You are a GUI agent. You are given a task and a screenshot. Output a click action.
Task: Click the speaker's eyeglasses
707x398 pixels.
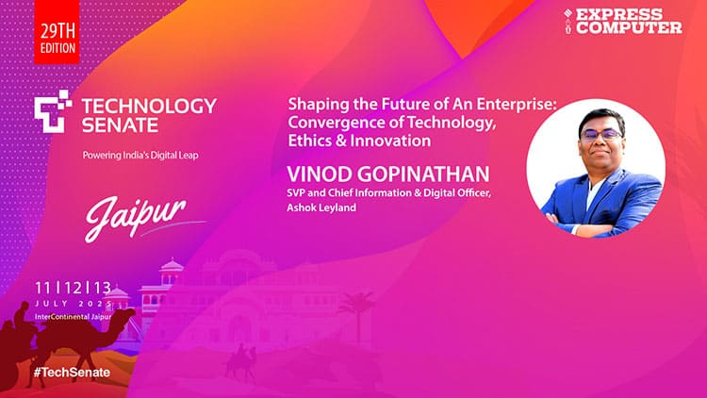pos(595,134)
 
